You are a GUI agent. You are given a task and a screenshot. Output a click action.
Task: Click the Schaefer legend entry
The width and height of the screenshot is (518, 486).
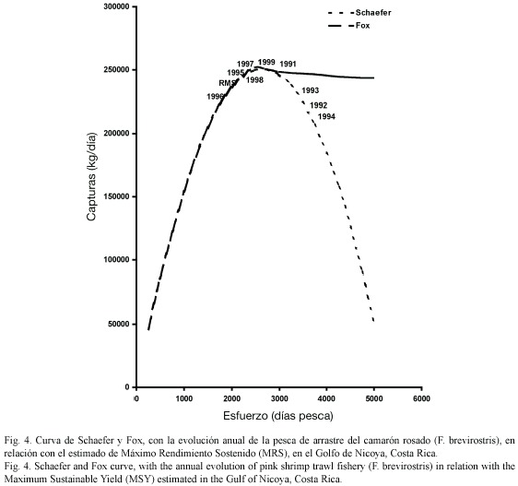pos(359,13)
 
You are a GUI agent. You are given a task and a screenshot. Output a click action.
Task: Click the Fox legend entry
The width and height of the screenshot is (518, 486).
pos(348,26)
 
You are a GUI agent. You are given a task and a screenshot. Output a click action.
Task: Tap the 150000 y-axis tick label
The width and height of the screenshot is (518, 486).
pos(115,196)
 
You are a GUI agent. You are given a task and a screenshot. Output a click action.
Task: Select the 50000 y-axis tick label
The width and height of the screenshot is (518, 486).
pos(118,324)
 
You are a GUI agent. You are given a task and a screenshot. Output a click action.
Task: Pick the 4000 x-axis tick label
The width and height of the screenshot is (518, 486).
pos(326,398)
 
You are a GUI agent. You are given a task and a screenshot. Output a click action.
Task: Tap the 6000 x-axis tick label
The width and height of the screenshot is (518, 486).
pos(421,398)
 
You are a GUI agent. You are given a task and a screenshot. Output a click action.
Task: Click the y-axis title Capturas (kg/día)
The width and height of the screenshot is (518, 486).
pos(91,177)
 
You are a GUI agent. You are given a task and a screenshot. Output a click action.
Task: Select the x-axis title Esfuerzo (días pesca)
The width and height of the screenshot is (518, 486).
pos(278,416)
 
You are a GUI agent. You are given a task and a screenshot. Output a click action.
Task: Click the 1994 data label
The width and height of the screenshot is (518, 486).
pos(326,117)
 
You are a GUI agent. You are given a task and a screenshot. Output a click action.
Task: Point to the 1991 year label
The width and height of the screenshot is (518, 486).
pos(288,64)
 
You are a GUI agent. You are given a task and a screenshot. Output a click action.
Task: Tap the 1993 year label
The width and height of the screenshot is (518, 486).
pos(311,90)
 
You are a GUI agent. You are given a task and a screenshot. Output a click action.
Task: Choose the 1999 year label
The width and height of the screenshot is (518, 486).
pos(266,62)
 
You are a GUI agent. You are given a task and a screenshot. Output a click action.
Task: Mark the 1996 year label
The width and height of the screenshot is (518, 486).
pos(216,97)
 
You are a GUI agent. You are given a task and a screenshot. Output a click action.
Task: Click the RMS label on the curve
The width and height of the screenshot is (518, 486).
pos(227,83)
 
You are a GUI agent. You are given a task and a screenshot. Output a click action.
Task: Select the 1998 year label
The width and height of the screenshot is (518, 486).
pos(254,80)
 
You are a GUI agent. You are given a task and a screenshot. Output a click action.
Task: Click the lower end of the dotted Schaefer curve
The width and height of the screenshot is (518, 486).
pos(373,321)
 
